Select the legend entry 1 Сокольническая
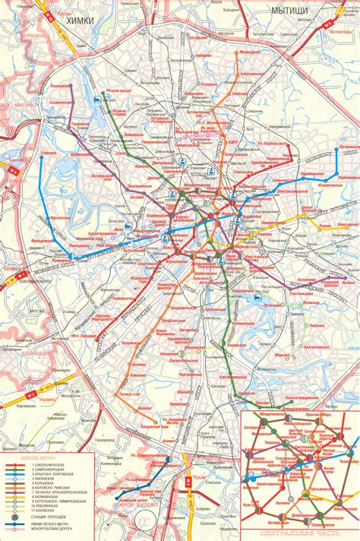pos(54,465)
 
